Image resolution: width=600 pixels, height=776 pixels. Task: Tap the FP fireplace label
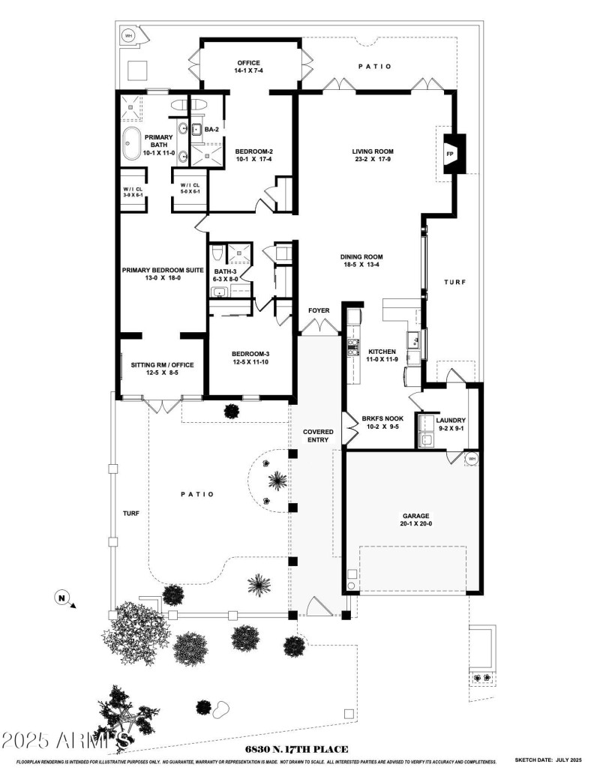coord(450,154)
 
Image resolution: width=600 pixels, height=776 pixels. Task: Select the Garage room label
coord(416,520)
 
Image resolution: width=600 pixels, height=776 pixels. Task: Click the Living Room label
coord(373,155)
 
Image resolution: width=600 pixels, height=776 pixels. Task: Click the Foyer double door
coord(319,326)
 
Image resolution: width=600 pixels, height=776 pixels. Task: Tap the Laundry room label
coord(451,424)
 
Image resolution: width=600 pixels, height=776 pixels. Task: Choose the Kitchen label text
coord(382,355)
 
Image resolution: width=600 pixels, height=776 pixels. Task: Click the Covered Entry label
coord(318,436)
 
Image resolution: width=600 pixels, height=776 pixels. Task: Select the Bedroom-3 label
coord(250,358)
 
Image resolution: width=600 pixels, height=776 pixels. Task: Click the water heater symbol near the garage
coord(472,459)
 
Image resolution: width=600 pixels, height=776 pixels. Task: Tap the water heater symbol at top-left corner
coord(127,35)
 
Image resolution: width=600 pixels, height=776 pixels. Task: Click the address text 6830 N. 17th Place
coord(296,749)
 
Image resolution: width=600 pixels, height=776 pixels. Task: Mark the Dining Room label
coord(362,259)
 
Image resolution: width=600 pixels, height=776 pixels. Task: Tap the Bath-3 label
coord(225,274)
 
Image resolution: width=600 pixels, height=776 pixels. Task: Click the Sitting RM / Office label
coord(157,368)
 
